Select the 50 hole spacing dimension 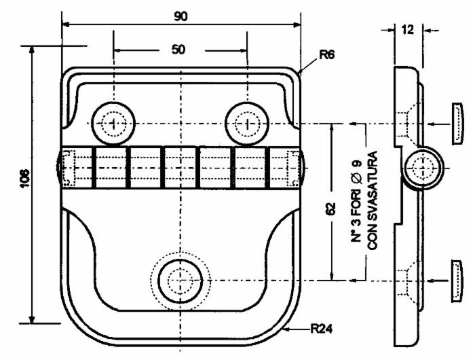click(x=179, y=50)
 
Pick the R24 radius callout click(x=322, y=329)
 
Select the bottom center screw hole click(x=180, y=280)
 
